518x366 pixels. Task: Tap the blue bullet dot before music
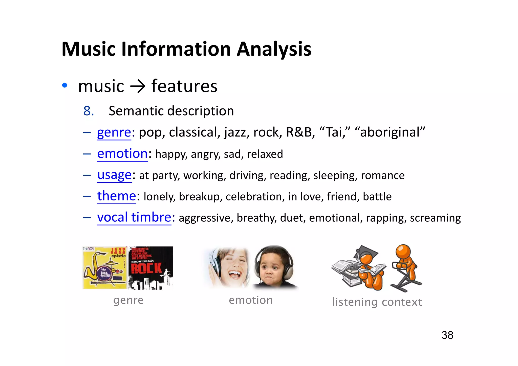65,85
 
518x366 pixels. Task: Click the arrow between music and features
138,87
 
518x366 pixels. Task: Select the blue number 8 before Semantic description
89,111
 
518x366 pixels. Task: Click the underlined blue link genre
114,132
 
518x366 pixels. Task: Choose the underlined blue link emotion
122,154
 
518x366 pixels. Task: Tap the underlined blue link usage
114,175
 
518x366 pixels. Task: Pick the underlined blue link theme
117,196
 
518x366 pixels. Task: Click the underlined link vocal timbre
134,217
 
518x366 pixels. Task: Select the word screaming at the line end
435,218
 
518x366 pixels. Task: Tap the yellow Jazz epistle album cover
105,268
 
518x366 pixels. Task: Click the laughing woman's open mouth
235,274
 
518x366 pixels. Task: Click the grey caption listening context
377,302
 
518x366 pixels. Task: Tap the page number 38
447,335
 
